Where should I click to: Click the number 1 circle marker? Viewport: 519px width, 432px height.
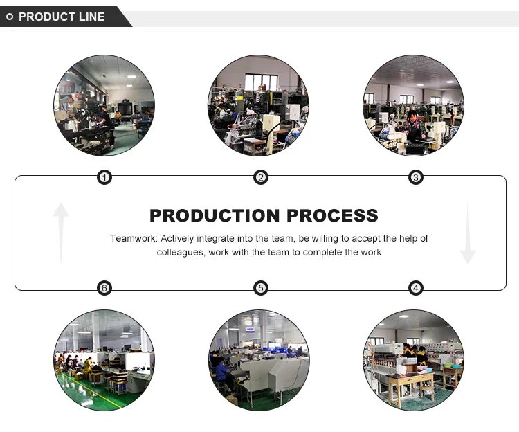104,178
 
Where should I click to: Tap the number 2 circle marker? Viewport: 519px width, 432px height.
261,178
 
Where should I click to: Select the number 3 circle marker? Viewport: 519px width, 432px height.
416,178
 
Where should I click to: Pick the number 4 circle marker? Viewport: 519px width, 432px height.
416,288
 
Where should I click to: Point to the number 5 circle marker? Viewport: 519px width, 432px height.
261,288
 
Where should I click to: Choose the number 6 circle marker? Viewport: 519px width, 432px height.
104,288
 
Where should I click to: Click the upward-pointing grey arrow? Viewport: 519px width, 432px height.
61,232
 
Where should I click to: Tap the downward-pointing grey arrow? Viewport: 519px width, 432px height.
468,233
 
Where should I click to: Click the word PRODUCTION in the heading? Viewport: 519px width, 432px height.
215,215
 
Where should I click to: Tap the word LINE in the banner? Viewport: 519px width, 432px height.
91,17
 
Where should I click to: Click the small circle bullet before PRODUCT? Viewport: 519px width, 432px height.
10,17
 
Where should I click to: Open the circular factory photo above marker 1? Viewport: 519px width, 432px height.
104,105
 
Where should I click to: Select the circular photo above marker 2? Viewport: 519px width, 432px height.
259,105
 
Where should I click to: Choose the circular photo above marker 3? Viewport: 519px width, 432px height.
413,105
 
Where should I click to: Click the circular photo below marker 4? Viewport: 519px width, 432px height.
413,360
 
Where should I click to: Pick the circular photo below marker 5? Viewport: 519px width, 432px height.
259,360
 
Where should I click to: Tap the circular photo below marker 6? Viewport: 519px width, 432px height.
104,360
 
